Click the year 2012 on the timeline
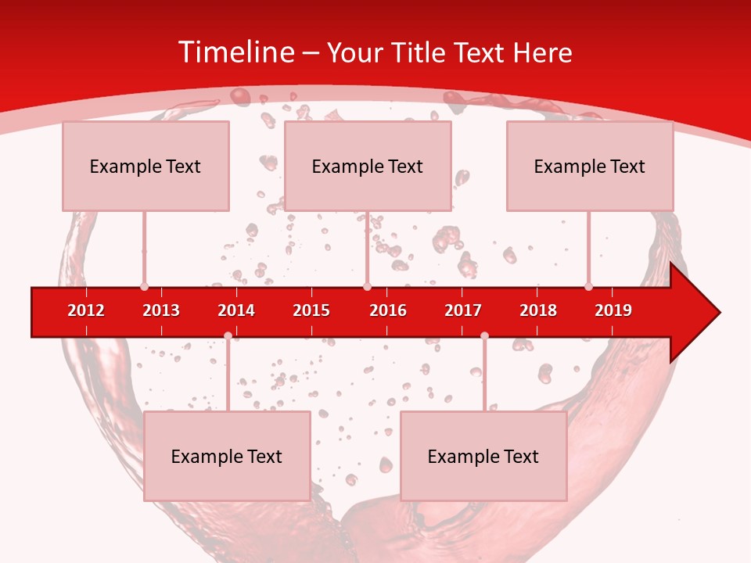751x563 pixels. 86,310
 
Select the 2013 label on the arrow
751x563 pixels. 161,310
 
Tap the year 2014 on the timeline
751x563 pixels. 236,310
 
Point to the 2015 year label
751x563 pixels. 311,310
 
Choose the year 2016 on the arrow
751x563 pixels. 388,310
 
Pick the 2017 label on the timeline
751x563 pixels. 463,310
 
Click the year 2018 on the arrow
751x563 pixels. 538,310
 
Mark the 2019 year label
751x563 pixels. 613,310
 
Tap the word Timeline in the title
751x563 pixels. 235,52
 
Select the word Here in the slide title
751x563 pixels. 542,52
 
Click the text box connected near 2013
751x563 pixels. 146,166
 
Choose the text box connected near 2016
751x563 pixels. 368,166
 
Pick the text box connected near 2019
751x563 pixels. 590,166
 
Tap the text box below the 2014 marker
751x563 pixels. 227,456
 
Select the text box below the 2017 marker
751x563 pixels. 483,456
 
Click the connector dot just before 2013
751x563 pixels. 144,287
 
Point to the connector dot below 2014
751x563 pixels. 228,335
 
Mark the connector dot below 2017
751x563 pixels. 484,335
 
